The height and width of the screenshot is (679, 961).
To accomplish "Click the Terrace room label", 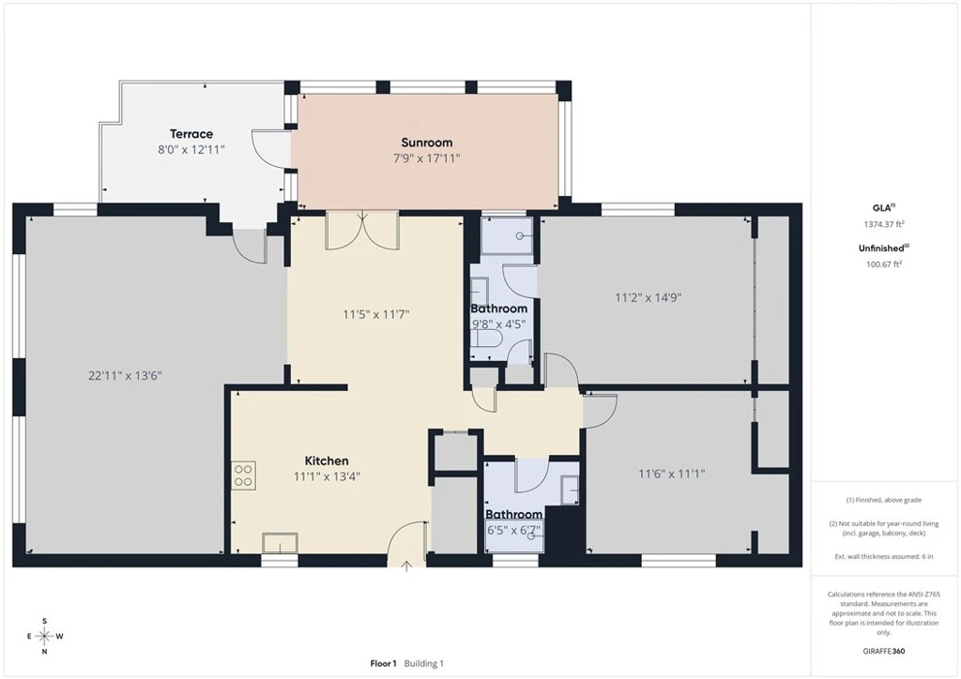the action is pyautogui.click(x=191, y=133).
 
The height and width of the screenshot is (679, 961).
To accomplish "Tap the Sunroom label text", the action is pyautogui.click(x=427, y=143).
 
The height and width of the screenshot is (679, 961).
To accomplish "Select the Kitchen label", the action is pyautogui.click(x=327, y=460).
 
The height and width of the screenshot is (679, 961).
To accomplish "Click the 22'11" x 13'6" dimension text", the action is pyautogui.click(x=125, y=375).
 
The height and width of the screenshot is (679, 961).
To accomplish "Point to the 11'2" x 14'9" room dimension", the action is pyautogui.click(x=648, y=297).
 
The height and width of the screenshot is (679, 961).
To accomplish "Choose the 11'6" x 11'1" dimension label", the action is pyautogui.click(x=672, y=474).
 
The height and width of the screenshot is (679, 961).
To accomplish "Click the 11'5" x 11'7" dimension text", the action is pyautogui.click(x=375, y=315).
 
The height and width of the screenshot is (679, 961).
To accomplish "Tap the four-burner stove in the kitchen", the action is pyautogui.click(x=243, y=475).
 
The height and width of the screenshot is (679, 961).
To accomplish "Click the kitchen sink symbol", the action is pyautogui.click(x=280, y=543).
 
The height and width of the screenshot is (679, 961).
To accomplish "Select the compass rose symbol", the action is pyautogui.click(x=45, y=637).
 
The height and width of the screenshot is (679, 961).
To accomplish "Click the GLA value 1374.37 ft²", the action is pyautogui.click(x=884, y=224).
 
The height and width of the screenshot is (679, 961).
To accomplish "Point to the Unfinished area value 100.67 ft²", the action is pyautogui.click(x=884, y=264).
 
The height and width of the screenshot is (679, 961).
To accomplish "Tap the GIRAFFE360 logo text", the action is pyautogui.click(x=884, y=651).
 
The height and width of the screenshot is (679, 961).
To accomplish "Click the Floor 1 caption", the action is pyautogui.click(x=384, y=663).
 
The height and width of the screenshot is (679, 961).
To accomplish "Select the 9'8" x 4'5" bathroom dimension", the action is pyautogui.click(x=498, y=324).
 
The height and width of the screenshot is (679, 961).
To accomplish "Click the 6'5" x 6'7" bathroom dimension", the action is pyautogui.click(x=513, y=530).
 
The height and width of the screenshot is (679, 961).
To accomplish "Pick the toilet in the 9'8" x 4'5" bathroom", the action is pyautogui.click(x=487, y=339).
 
